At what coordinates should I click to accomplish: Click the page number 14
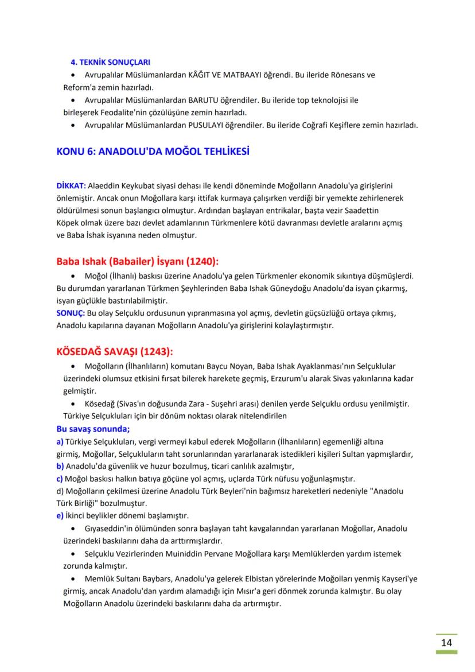point(446,642)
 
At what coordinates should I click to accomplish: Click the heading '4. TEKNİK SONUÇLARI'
point(110,62)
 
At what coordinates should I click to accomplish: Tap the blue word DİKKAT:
point(71,186)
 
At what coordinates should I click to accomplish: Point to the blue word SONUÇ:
point(71,313)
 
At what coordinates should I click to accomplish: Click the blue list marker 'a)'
point(60,441)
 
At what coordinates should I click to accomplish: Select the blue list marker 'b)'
point(60,466)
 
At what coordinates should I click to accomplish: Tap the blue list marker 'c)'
point(60,478)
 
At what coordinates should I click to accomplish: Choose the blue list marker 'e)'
point(60,515)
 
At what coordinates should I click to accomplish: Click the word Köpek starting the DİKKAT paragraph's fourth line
point(68,223)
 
